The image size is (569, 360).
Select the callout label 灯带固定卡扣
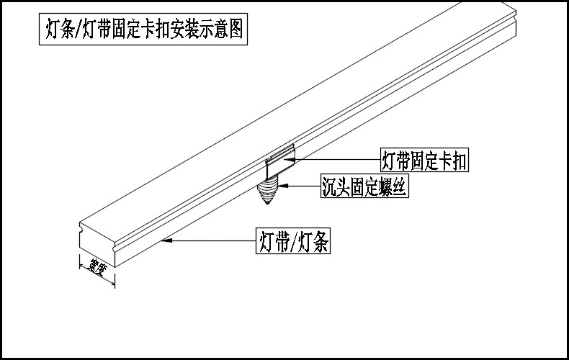424,161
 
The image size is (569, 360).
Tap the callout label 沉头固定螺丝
364,188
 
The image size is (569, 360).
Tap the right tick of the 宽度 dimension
113,284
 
